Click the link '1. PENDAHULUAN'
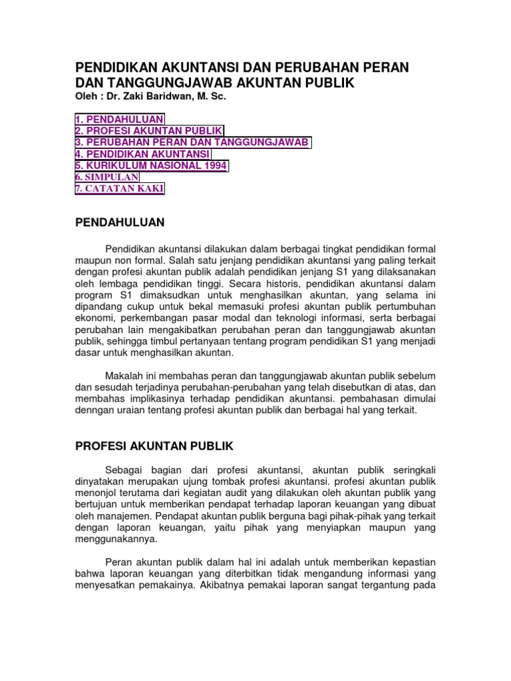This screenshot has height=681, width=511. pos(118,119)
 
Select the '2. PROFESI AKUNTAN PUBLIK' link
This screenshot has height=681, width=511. pos(149,131)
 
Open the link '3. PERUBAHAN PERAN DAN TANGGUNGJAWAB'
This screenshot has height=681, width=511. pos(192,142)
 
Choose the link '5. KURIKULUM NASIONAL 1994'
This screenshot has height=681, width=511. pos(151,166)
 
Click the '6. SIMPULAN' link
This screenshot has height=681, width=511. pos(106,178)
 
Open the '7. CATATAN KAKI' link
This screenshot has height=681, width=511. pos(119,190)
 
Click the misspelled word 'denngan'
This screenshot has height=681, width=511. pos(91,410)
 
